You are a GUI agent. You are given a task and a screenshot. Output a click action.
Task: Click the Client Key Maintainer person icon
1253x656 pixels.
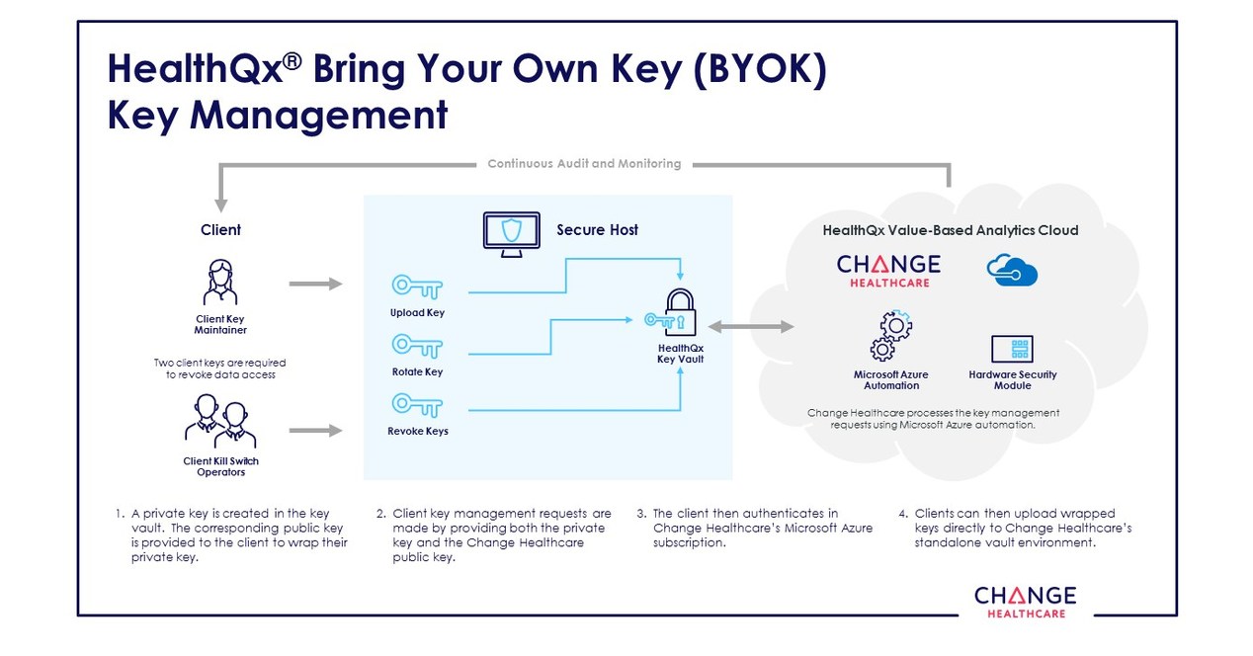pyautogui.click(x=220, y=283)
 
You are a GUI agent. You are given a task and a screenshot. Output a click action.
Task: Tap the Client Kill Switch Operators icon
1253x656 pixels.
pyautogui.click(x=220, y=422)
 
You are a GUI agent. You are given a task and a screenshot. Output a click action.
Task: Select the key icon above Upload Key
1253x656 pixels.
pyautogui.click(x=417, y=287)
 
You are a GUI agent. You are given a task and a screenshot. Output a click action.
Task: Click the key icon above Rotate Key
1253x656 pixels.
pyautogui.click(x=417, y=345)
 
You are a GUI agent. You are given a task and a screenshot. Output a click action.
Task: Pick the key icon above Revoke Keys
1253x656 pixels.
pyautogui.click(x=417, y=403)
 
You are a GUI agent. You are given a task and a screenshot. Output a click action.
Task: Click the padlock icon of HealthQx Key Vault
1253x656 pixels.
pyautogui.click(x=680, y=313)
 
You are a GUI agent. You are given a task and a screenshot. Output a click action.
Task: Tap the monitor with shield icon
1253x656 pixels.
pyautogui.click(x=511, y=233)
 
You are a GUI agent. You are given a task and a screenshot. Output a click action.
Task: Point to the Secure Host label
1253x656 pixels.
pyautogui.click(x=597, y=230)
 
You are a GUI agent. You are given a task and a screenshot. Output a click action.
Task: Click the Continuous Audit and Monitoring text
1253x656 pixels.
pyautogui.click(x=584, y=164)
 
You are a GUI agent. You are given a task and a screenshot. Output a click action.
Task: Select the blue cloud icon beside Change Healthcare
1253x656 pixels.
pyautogui.click(x=1012, y=271)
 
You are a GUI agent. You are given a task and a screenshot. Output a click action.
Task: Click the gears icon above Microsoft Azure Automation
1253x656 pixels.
pyautogui.click(x=890, y=337)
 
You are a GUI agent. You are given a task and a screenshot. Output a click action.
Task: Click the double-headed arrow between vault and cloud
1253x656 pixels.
pyautogui.click(x=751, y=326)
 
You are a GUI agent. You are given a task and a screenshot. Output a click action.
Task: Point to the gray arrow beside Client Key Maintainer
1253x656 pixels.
pyautogui.click(x=315, y=284)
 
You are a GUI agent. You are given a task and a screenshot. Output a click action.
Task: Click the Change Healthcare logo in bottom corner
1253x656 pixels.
pyautogui.click(x=1024, y=601)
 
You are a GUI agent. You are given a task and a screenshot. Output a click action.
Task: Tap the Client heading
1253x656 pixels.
pyautogui.click(x=220, y=230)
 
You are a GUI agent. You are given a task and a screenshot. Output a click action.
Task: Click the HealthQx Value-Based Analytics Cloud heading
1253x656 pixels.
pyautogui.click(x=950, y=230)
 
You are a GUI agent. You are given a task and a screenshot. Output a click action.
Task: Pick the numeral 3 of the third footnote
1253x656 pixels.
pyautogui.click(x=640, y=514)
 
